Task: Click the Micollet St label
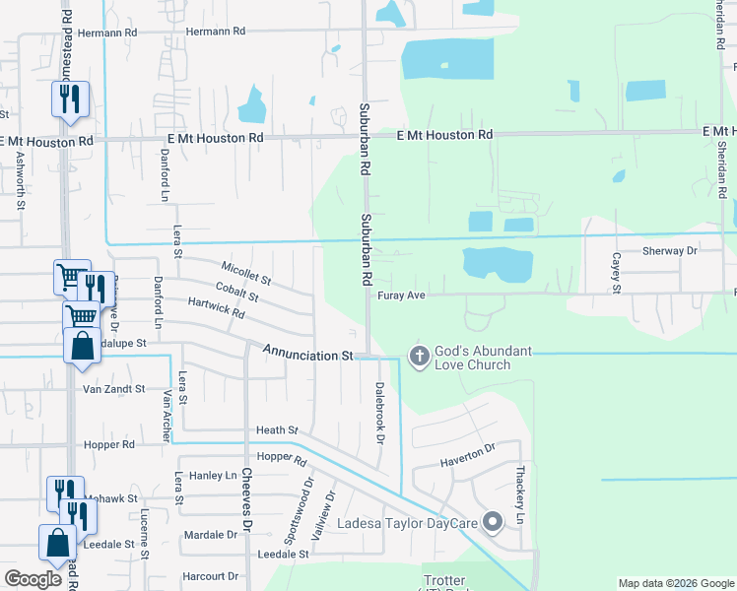(246, 275)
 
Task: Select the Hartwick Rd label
(216, 310)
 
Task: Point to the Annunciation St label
(307, 354)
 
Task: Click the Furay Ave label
(399, 295)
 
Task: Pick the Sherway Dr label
(669, 251)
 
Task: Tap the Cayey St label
(616, 273)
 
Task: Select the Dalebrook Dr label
(378, 412)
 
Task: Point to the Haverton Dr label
(468, 453)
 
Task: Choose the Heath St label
(277, 430)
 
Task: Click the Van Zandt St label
(113, 389)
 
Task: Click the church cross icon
(418, 356)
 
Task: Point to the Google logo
(33, 578)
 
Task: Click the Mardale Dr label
(211, 535)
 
